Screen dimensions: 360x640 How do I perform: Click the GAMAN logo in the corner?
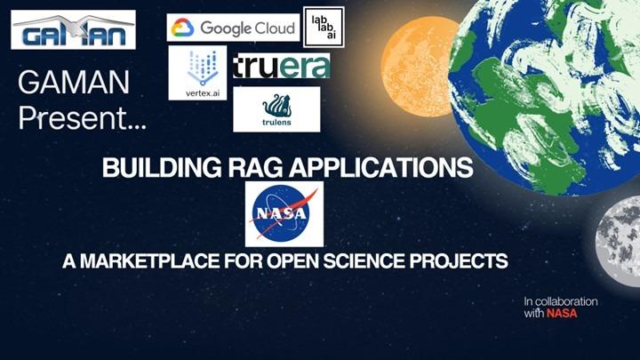pyautogui.click(x=73, y=29)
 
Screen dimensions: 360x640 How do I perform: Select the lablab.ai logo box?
pyautogui.click(x=324, y=27)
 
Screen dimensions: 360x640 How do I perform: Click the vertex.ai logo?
pyautogui.click(x=197, y=73)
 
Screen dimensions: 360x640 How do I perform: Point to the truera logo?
pyautogui.click(x=281, y=67)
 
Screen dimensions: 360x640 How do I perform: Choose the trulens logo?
pyautogui.click(x=276, y=109)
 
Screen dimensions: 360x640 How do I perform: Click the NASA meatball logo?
pyautogui.click(x=284, y=214)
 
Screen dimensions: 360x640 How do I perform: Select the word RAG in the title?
pyautogui.click(x=233, y=168)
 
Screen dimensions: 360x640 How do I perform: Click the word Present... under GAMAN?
pyautogui.click(x=83, y=117)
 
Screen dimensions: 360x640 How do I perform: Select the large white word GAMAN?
pyautogui.click(x=74, y=84)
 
